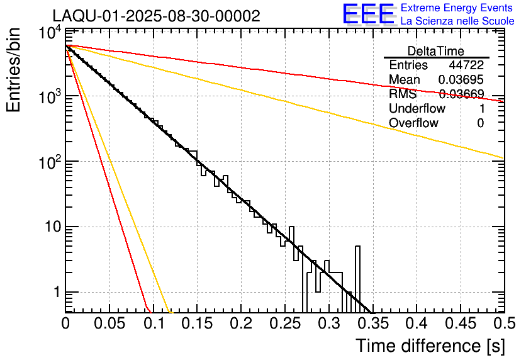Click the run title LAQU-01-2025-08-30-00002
click(156, 16)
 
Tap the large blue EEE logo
click(368, 14)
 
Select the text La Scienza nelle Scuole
click(457, 21)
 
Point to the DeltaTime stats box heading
click(436, 50)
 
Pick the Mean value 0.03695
click(461, 80)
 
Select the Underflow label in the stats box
click(417, 108)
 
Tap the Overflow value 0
click(480, 123)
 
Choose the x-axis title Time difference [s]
click(430, 346)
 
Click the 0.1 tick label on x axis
click(153, 324)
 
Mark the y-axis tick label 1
click(56, 292)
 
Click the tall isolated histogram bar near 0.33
click(357, 277)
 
